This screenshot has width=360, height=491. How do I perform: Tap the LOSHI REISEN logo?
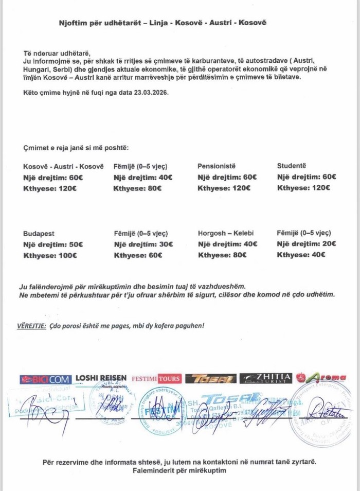[101, 378]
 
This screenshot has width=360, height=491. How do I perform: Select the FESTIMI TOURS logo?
[156, 379]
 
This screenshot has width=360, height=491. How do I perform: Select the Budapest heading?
[39, 233]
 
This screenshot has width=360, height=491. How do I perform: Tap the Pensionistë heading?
[217, 166]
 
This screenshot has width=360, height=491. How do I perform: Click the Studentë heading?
[291, 166]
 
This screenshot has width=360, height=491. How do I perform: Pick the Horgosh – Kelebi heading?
[225, 233]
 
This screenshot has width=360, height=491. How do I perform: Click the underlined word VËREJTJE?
[29, 326]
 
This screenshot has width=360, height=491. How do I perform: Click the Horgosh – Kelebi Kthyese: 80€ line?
[224, 255]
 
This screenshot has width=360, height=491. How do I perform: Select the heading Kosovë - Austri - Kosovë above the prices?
[63, 166]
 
